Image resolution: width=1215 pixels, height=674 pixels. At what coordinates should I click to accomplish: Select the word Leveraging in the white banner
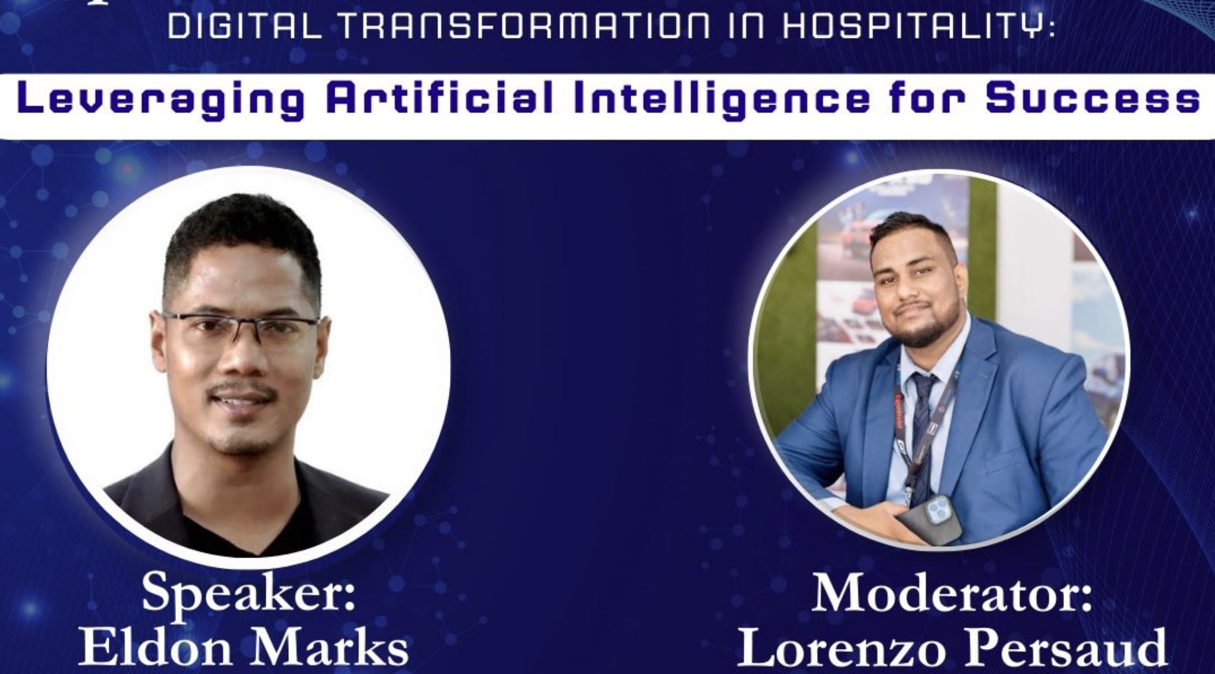tap(160, 100)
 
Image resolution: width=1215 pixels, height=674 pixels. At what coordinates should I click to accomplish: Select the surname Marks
tap(333, 648)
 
